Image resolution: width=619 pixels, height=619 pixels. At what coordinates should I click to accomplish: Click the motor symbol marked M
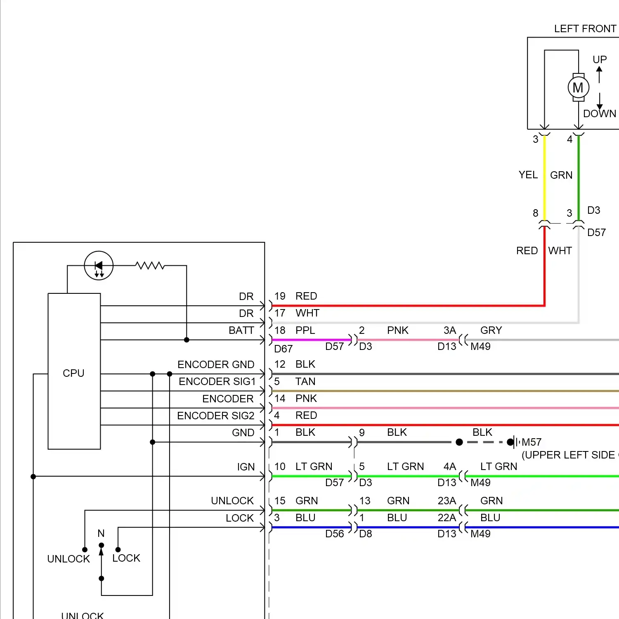click(x=578, y=87)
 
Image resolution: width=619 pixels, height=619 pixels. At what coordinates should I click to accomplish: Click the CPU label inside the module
click(x=73, y=373)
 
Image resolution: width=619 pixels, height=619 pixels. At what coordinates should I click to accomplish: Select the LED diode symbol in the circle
click(x=99, y=266)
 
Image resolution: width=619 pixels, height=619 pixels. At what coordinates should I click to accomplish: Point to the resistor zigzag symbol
click(x=150, y=265)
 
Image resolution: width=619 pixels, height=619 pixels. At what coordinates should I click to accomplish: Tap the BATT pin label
click(x=241, y=330)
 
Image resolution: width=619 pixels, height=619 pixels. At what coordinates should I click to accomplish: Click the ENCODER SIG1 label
click(x=217, y=381)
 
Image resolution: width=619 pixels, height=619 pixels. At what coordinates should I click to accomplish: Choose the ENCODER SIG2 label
click(x=216, y=416)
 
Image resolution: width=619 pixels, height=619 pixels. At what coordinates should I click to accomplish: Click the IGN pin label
click(x=246, y=467)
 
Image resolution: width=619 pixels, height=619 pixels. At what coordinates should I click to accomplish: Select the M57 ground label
click(x=532, y=442)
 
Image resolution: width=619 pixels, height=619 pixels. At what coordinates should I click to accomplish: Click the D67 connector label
click(x=283, y=349)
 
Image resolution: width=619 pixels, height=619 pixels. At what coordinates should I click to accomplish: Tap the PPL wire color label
click(x=305, y=330)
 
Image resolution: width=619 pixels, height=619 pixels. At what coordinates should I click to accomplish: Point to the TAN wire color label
click(x=305, y=381)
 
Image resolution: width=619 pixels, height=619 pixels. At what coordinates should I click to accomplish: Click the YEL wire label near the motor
click(x=528, y=175)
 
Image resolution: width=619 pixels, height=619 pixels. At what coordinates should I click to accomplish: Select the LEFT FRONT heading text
click(x=585, y=28)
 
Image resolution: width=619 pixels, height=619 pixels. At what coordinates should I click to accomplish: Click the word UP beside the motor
click(x=600, y=59)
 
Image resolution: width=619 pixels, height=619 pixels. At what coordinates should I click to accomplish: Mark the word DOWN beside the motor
click(x=600, y=113)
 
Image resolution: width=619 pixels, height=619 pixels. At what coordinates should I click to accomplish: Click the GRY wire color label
click(x=491, y=330)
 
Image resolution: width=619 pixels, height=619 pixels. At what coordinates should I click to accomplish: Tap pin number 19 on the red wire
click(x=280, y=296)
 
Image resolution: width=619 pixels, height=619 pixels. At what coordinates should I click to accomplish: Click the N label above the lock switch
click(x=101, y=533)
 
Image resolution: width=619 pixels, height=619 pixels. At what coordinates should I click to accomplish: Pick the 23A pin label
click(x=447, y=501)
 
